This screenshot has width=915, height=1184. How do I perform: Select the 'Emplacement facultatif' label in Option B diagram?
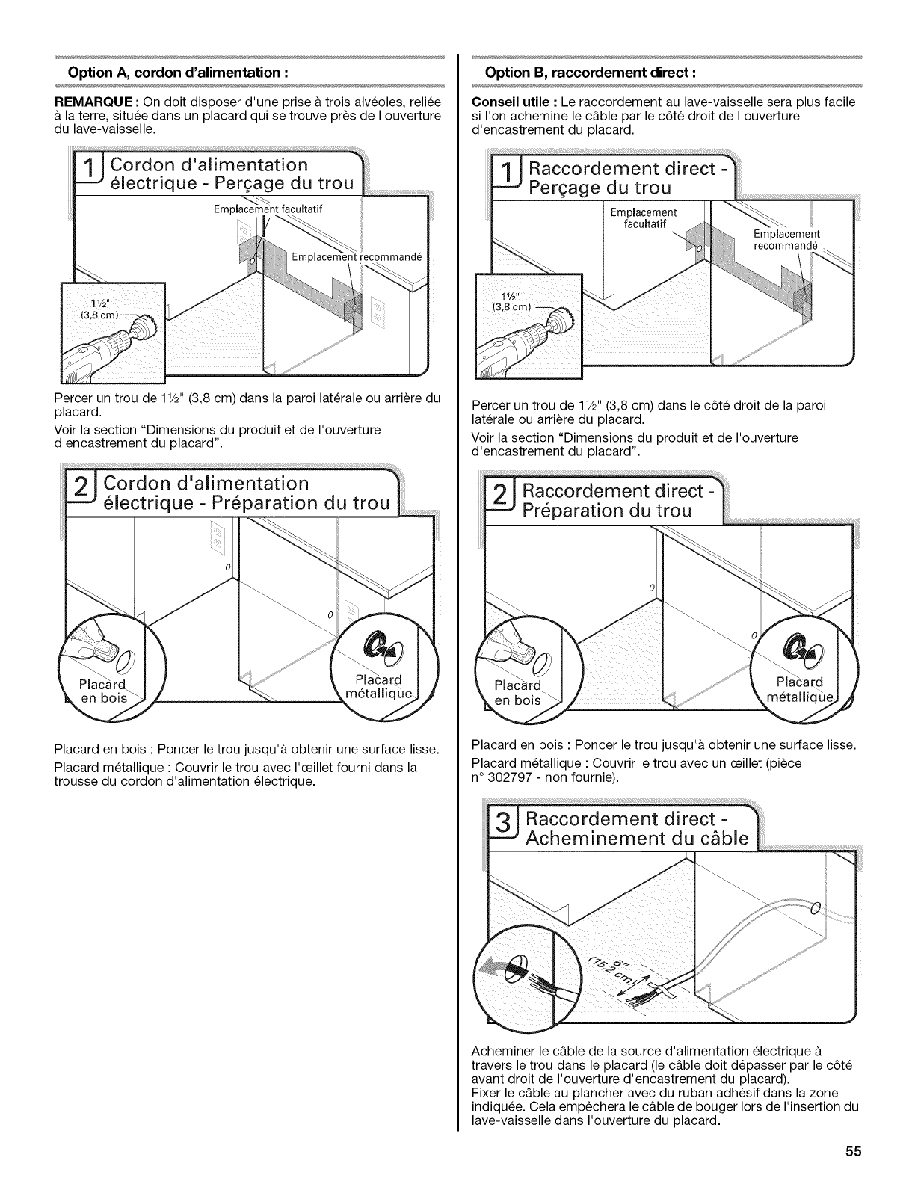(x=643, y=218)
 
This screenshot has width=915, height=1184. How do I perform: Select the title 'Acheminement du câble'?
(x=635, y=838)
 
